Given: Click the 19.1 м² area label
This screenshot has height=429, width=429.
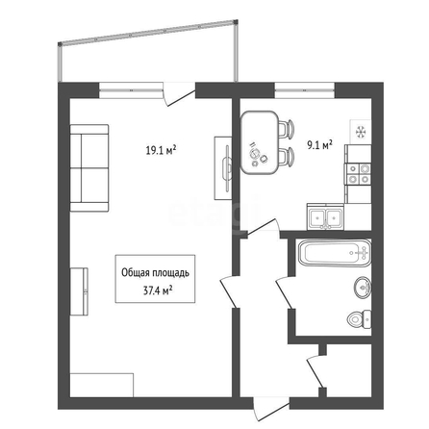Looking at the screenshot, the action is click(162, 150).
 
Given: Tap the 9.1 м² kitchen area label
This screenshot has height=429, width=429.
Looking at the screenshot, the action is click(319, 145).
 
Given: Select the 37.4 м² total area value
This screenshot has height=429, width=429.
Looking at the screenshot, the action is click(158, 290).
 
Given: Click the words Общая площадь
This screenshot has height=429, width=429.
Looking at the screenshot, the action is click(155, 273).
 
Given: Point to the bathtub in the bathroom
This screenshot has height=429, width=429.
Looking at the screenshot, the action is click(335, 253).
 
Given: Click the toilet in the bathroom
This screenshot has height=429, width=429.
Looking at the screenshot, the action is click(359, 319).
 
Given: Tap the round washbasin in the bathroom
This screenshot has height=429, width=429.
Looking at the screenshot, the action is click(363, 288).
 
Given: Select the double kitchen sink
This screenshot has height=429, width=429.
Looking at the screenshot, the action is click(325, 217).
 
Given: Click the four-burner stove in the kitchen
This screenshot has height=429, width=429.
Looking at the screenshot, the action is click(358, 174).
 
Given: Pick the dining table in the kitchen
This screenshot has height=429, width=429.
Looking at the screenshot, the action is click(260, 142).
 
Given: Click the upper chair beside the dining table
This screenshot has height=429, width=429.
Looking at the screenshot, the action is click(286, 129).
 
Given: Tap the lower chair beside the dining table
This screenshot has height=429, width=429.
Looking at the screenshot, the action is click(286, 156).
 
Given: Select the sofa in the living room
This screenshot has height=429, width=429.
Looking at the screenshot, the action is click(89, 168).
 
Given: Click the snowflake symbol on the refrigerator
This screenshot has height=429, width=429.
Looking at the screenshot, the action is click(361, 132).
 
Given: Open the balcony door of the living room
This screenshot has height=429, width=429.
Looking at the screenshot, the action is click(179, 94).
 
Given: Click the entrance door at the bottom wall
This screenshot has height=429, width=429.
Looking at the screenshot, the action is click(271, 409).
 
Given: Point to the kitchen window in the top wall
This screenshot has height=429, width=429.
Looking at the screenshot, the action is click(305, 90).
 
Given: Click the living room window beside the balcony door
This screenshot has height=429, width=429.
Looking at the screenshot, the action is click(131, 90).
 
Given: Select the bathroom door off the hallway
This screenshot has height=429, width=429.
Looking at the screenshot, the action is click(286, 292).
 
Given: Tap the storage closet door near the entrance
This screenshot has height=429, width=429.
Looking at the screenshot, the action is click(315, 371).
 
